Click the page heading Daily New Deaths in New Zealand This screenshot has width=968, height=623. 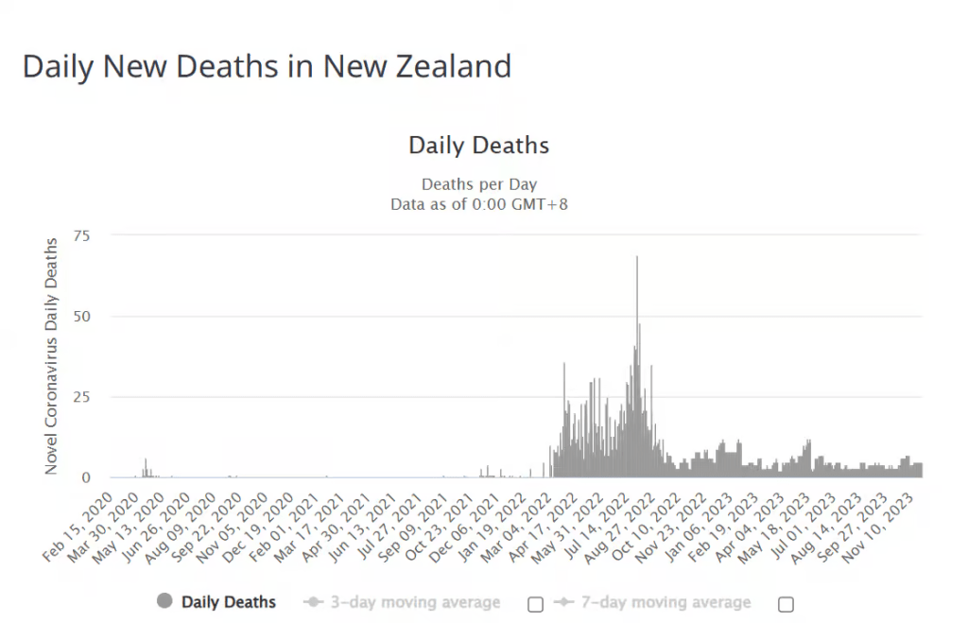[267, 67]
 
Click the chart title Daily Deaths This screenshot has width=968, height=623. [478, 146]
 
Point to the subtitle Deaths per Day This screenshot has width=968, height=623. [478, 184]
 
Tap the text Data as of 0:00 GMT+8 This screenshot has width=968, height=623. [478, 203]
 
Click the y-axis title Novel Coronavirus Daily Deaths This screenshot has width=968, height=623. [52, 356]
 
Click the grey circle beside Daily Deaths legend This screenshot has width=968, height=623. [164, 601]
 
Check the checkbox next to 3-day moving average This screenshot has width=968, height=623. [535, 603]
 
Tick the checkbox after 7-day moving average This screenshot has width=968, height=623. [786, 603]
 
